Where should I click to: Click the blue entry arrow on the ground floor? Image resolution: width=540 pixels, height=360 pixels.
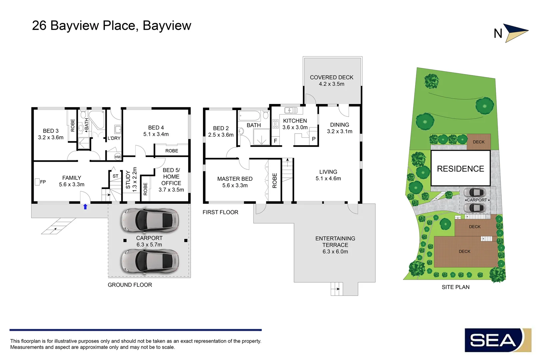pos(85,207)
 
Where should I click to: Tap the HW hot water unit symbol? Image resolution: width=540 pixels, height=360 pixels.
pos(118,157)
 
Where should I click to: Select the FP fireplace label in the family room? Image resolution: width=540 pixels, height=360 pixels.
pos(43,182)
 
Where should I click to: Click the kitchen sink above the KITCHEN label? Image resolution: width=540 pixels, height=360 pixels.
pos(291,110)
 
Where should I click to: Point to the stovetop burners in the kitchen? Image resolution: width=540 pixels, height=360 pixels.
pos(275,124)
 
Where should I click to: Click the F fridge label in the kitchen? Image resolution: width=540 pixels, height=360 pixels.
pos(275,141)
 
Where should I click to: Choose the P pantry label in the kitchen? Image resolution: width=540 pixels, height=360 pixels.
pos(314,139)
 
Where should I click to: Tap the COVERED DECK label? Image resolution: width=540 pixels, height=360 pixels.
pos(331,81)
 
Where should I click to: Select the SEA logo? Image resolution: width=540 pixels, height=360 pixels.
pos(498,340)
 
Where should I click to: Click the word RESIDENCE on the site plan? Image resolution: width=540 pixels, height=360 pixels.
pos(460,169)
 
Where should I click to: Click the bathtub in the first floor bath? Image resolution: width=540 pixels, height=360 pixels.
pos(250,115)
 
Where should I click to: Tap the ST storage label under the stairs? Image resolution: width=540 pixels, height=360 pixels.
pos(115,176)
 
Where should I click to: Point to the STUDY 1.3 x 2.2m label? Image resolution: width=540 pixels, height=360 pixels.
pos(131,180)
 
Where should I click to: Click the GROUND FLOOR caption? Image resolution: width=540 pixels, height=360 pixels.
pos(130,285)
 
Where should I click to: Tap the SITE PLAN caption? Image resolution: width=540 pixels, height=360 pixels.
pos(456,287)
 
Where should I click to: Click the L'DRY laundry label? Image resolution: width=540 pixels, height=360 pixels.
pos(114,138)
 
